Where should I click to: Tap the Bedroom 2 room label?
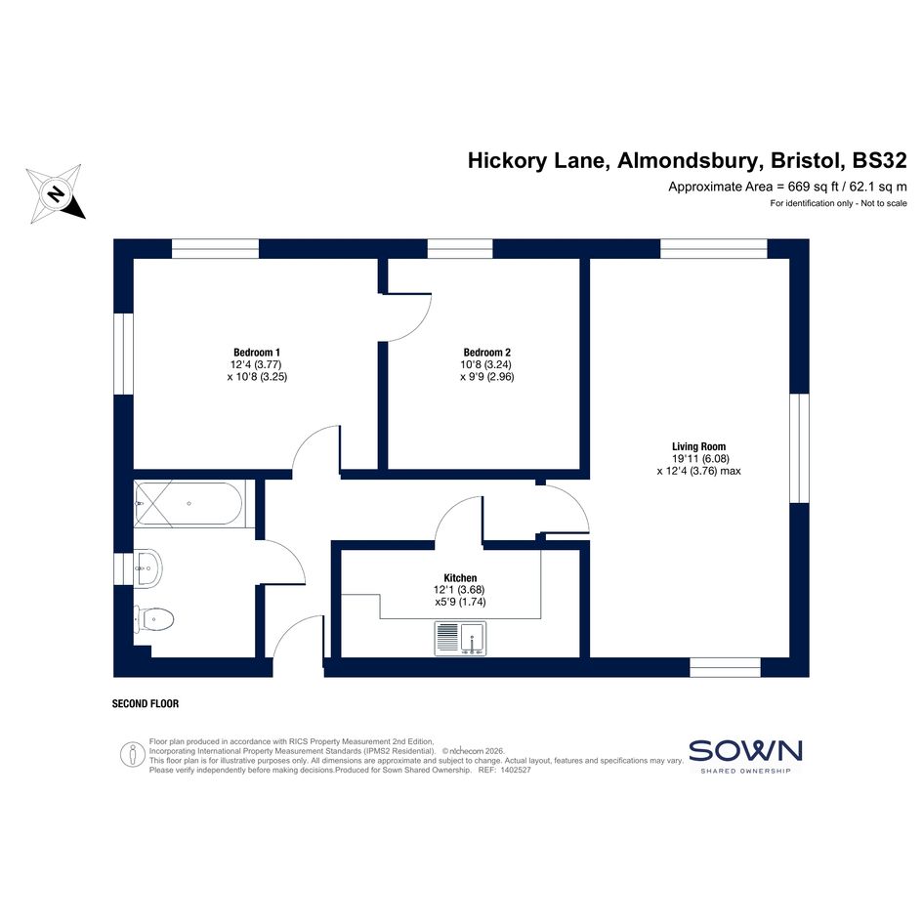pyautogui.click(x=486, y=353)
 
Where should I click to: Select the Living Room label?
pyautogui.click(x=698, y=446)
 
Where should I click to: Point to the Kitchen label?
pyautogui.click(x=460, y=578)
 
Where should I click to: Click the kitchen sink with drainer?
pyautogui.click(x=460, y=639)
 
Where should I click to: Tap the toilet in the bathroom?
pyautogui.click(x=154, y=618)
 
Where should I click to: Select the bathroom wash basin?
pyautogui.click(x=147, y=568)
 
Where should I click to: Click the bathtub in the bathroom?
pyautogui.click(x=189, y=503)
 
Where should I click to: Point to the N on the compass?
pyautogui.click(x=56, y=193)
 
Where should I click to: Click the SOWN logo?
pyautogui.click(x=745, y=755)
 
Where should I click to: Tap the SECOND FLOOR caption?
pyautogui.click(x=146, y=703)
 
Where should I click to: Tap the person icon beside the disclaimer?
pyautogui.click(x=133, y=755)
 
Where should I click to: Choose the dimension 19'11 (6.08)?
pyautogui.click(x=700, y=458)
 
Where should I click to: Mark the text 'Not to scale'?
pyautogui.click(x=884, y=204)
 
